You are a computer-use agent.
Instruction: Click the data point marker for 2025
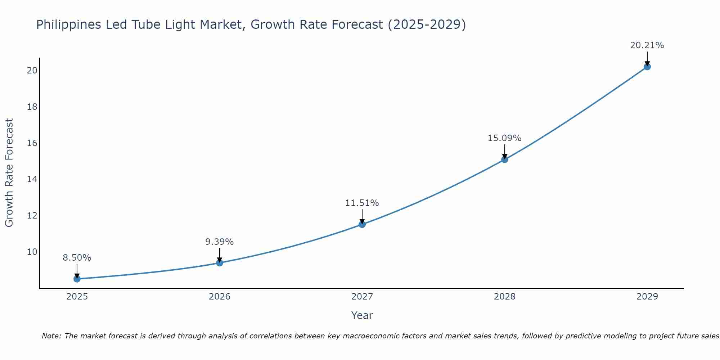click(77, 279)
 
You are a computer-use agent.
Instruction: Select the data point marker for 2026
click(220, 262)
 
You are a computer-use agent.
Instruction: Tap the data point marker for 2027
click(362, 224)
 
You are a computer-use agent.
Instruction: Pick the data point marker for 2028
click(505, 159)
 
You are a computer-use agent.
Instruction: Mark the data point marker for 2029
click(647, 67)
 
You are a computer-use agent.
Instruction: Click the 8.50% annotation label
click(77, 258)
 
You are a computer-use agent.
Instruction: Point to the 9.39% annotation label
click(220, 242)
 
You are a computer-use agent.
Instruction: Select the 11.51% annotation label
click(362, 203)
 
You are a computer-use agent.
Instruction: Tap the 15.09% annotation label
click(505, 138)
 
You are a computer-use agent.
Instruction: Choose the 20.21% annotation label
click(647, 45)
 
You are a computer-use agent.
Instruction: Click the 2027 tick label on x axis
click(362, 297)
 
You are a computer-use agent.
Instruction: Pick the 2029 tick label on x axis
click(647, 297)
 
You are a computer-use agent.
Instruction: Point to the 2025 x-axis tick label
click(77, 297)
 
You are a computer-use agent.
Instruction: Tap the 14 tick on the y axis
click(32, 179)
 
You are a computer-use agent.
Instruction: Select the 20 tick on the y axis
click(32, 70)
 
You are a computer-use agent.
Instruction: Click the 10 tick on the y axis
click(32, 252)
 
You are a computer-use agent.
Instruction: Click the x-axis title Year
click(362, 315)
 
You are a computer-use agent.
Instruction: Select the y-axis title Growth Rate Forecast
click(9, 173)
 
